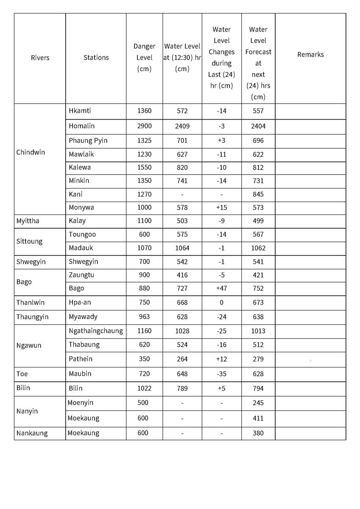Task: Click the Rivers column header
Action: [40, 58]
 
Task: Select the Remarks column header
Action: [310, 54]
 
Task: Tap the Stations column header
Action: [96, 58]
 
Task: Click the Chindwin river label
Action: [31, 152]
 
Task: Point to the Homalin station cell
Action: [82, 126]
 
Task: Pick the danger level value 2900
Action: [144, 126]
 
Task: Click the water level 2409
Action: [182, 126]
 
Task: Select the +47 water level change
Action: [221, 288]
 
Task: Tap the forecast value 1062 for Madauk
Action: [258, 248]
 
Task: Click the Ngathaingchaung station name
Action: [96, 331]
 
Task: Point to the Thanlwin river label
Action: [31, 302]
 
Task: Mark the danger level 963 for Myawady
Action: [144, 317]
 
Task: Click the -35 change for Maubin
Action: [221, 374]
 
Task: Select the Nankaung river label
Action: [32, 433]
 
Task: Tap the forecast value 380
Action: [258, 433]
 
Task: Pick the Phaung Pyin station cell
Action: [88, 140]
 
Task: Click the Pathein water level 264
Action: [182, 359]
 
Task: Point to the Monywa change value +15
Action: [221, 207]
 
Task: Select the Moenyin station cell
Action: [81, 403]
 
